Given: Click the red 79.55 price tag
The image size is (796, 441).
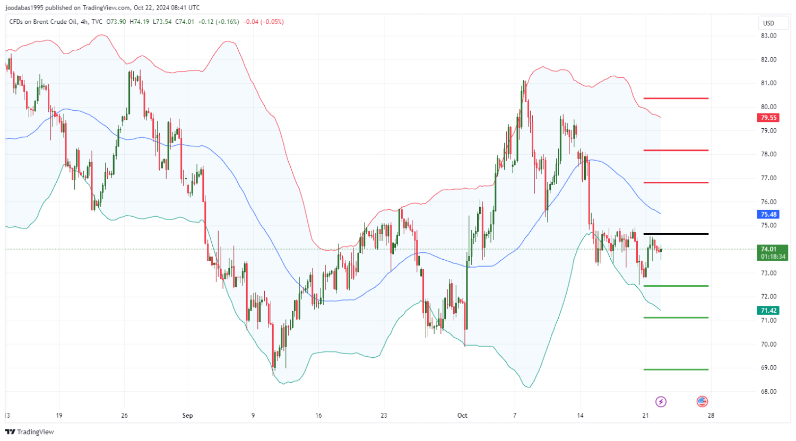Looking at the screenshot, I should click(768, 118).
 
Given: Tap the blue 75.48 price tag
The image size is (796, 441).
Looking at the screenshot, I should click(768, 215).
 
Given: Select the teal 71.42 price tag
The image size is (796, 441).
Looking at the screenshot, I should click(768, 311).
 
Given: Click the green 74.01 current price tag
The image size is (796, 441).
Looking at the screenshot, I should click(768, 249).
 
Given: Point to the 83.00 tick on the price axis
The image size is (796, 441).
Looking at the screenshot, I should click(768, 36).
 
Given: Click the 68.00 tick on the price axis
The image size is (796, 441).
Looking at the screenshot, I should click(768, 391).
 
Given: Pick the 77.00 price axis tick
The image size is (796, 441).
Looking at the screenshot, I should click(768, 178).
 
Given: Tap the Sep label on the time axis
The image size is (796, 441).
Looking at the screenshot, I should click(187, 416).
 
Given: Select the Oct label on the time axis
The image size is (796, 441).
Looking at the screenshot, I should click(462, 416).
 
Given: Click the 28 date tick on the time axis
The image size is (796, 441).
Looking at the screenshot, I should click(711, 416).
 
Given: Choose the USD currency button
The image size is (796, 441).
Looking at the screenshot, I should click(768, 23).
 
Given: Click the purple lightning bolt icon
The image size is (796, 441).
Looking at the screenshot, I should click(661, 402).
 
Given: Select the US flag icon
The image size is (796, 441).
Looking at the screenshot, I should click(702, 402).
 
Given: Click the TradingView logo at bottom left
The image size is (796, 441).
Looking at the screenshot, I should click(30, 432).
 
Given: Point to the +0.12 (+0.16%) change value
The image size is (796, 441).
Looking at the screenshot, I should click(219, 22).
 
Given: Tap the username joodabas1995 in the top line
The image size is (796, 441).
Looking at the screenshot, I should click(23, 7).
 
